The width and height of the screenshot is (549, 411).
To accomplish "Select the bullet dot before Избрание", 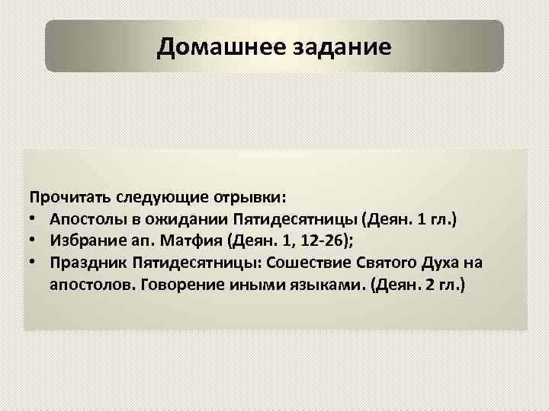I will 35,241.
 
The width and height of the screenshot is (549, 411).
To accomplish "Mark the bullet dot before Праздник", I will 35,263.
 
